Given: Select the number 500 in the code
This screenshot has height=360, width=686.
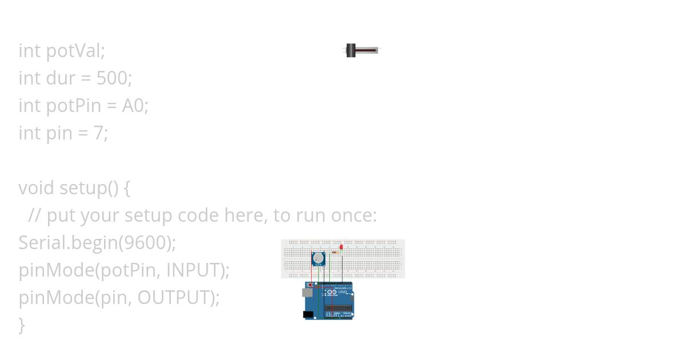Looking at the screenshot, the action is coord(112,78).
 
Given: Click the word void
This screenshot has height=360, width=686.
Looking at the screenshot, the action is coord(37,188).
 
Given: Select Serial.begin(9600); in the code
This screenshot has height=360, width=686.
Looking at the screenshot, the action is coord(97,243).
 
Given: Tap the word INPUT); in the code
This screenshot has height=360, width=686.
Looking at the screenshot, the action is coord(197,270).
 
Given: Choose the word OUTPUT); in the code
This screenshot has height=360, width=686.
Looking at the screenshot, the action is coord(178,298).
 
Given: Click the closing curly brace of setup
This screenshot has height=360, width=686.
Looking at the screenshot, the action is coord(22,325).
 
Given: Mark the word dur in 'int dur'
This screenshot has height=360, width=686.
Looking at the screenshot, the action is coord(61,78).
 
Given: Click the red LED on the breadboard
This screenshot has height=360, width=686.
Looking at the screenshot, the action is coord(341,247).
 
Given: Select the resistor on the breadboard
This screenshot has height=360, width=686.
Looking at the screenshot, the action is coord(334,252).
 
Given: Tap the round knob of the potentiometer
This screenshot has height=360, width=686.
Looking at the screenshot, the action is coord(318,258).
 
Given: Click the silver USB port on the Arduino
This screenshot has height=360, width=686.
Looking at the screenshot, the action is coord(307,293).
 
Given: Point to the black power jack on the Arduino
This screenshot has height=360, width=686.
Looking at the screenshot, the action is coord(308,314).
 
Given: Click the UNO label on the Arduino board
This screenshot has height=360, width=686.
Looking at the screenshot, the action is coord(342,293).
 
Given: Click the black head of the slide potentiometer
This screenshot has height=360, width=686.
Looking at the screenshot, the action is coord(351,50).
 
